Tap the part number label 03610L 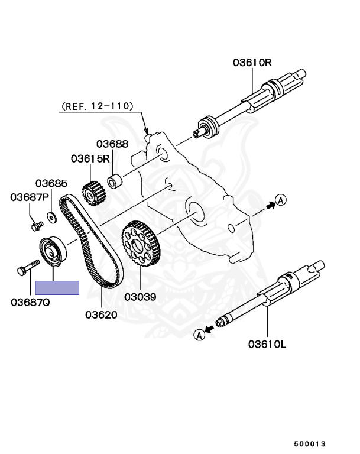(267, 343)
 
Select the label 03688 (112, 144)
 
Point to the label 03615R (90, 158)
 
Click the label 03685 (51, 184)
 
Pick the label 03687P (28, 197)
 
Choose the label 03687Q (30, 302)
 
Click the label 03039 (140, 297)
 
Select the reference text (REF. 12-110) (96, 107)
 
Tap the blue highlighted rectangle (57, 288)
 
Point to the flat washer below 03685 (52, 218)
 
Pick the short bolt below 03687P (35, 225)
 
